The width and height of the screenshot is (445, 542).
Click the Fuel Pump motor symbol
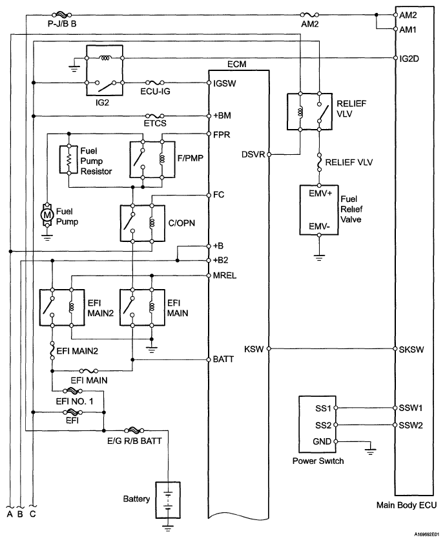click(x=47, y=216)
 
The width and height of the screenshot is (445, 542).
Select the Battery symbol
click(x=168, y=500)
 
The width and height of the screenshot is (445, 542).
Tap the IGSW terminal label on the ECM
click(x=225, y=83)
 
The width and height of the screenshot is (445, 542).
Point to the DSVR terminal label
click(x=253, y=154)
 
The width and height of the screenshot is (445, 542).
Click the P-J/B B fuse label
click(x=62, y=25)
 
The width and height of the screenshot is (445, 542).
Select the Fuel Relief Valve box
click(x=318, y=210)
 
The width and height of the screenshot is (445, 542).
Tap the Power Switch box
click(x=317, y=424)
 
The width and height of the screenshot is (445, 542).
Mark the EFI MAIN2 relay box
click(x=62, y=307)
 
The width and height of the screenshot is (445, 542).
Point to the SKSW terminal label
click(x=411, y=350)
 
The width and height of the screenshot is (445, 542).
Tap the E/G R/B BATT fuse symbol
click(x=134, y=430)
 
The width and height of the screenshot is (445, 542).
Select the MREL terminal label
click(x=225, y=276)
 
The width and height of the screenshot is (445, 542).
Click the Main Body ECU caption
click(x=407, y=505)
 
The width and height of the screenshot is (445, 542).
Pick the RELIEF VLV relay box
click(x=310, y=112)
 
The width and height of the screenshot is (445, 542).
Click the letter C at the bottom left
click(x=32, y=514)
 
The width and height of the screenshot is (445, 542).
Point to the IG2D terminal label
click(x=409, y=59)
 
